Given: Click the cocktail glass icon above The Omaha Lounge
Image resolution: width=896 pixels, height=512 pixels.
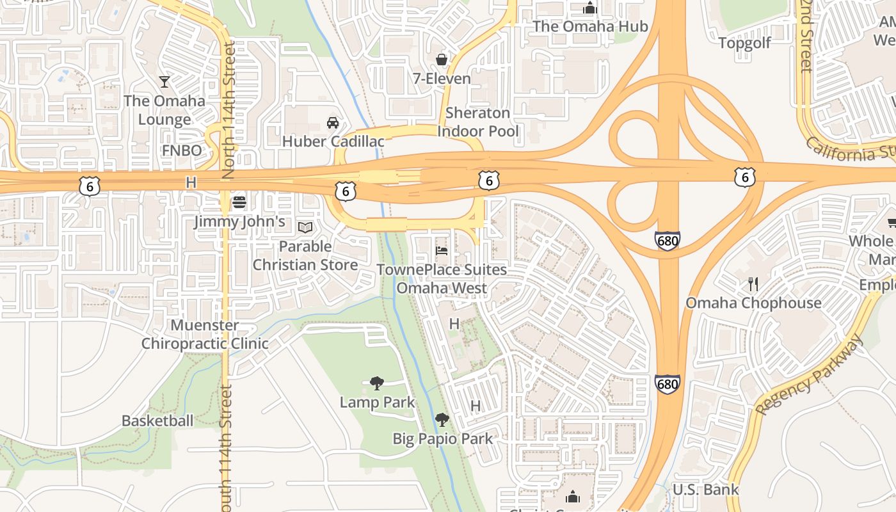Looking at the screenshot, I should pos(164,81).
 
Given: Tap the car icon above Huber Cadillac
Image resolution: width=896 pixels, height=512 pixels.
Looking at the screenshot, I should pos(333,122).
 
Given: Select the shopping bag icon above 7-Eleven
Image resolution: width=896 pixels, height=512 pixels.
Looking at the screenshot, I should pos(442,60).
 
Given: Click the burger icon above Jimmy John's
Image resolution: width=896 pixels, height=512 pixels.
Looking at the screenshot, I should pos(239,202).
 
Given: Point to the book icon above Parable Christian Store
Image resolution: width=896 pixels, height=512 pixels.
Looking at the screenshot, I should pos(305,227).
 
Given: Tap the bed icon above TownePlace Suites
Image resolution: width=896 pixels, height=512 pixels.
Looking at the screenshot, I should pos(442,250).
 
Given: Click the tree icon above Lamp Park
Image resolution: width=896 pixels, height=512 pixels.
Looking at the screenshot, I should pos(377,383).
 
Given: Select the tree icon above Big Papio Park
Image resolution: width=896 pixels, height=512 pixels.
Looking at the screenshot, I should pos(442,420).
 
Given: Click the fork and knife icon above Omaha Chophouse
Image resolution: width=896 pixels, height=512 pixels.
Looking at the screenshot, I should pos(753,284).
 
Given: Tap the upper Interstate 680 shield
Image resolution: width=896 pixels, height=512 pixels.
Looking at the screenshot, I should pos(667,241).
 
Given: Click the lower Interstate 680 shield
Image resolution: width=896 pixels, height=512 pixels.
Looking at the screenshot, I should pos(667,384).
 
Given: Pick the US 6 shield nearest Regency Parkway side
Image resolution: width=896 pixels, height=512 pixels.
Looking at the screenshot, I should pos(744,177).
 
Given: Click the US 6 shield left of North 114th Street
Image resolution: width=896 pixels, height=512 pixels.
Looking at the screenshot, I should pos(90,186).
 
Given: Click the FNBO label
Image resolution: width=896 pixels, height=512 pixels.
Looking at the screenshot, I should pos(182,150).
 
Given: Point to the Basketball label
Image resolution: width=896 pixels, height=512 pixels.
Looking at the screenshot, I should pos(157,420).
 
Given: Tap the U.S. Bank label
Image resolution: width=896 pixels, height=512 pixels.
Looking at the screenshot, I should pos(705,490).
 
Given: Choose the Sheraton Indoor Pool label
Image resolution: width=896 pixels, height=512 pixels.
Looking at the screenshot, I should pos(478,122).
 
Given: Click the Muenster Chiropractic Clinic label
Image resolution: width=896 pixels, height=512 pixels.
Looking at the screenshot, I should pos(205,334).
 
